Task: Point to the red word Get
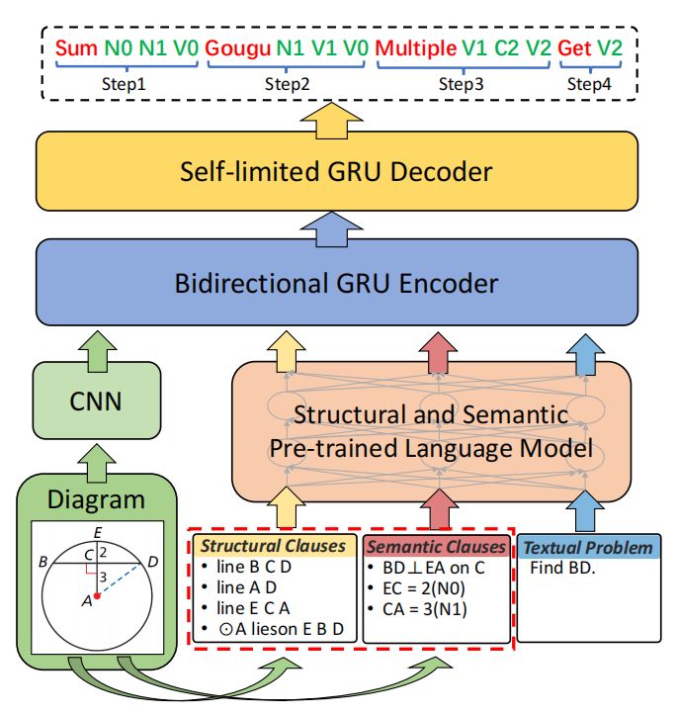(574, 46)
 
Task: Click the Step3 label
(461, 85)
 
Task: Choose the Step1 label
(124, 85)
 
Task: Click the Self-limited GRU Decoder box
(336, 172)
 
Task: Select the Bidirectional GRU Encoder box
(336, 284)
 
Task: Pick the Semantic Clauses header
(435, 546)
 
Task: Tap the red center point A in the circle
(96, 594)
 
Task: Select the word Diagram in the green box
(96, 499)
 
